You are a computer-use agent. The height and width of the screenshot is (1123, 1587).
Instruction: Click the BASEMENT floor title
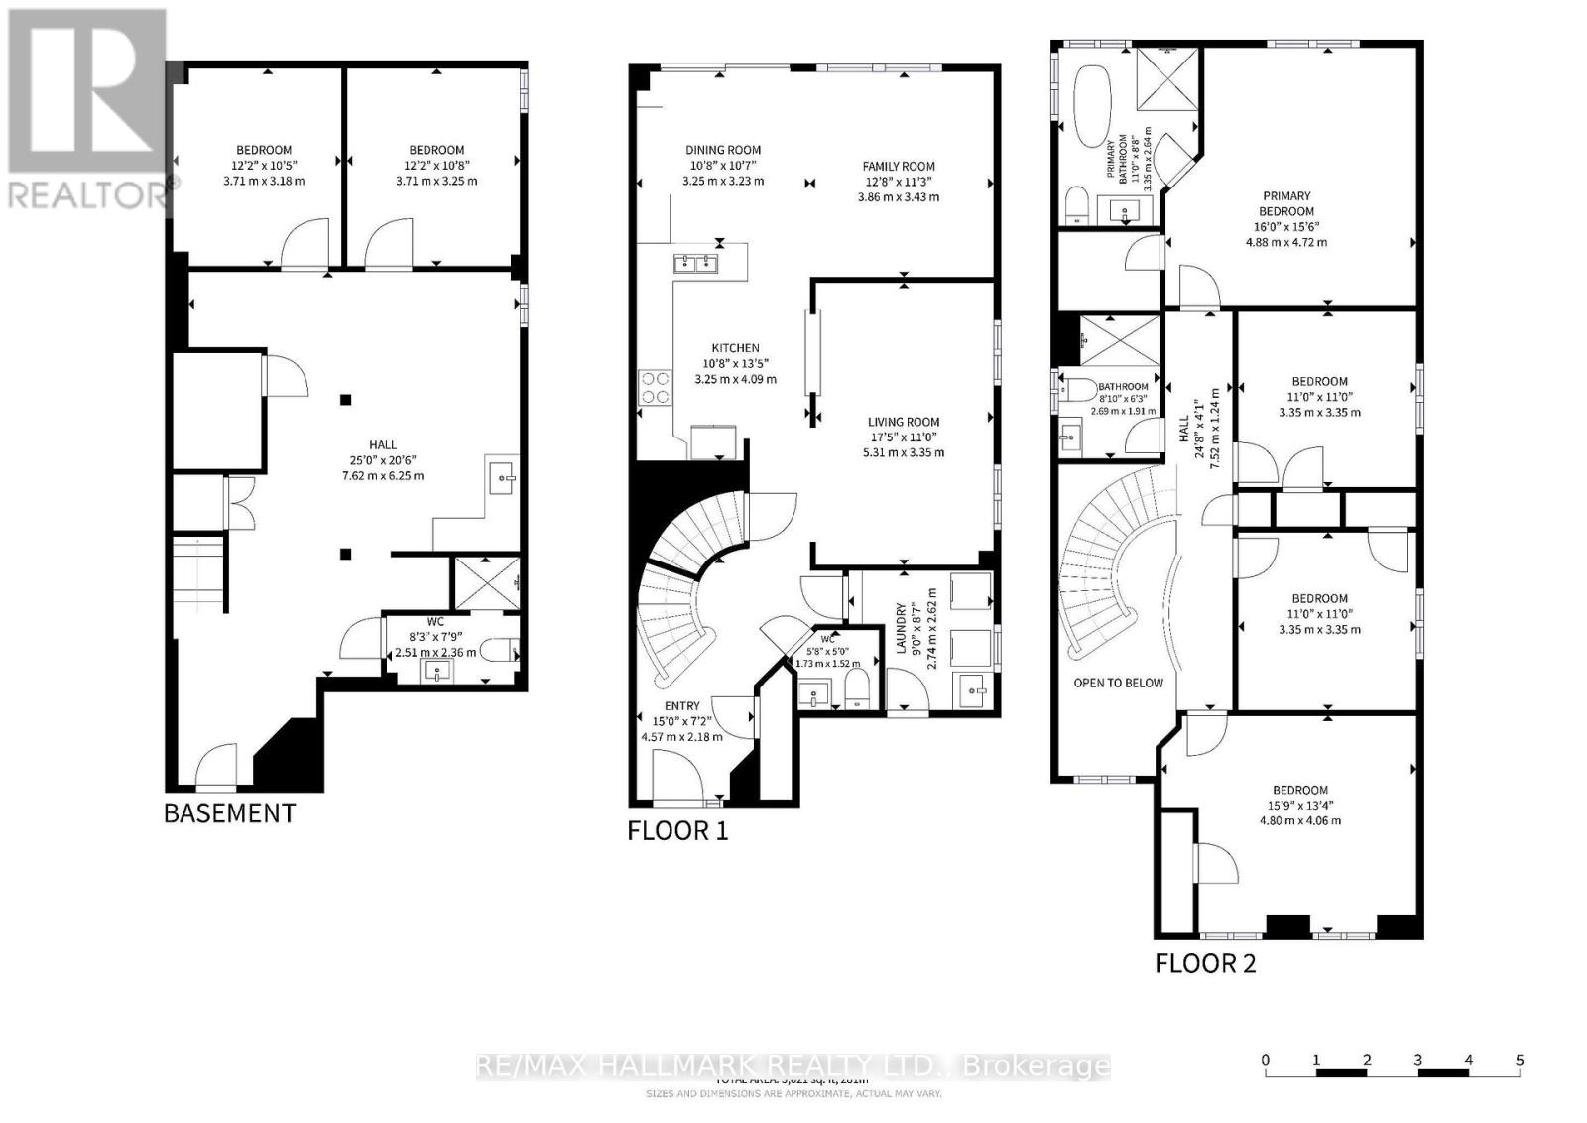(229, 813)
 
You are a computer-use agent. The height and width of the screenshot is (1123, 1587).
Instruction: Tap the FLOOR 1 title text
(677, 830)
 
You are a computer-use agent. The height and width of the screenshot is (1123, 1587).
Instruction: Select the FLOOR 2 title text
(1205, 963)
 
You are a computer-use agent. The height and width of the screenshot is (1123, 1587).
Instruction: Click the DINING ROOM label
(723, 150)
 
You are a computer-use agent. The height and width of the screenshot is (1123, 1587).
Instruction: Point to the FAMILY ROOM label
(898, 167)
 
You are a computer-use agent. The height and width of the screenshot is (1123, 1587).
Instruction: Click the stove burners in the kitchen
(655, 387)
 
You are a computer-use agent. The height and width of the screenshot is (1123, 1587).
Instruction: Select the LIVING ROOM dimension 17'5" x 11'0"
(903, 437)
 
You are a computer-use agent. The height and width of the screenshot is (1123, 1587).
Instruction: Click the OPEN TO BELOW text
(1118, 683)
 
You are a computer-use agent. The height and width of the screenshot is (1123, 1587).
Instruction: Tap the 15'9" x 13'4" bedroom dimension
(1299, 806)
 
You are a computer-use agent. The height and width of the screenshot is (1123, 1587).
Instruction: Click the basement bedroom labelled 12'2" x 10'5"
(264, 165)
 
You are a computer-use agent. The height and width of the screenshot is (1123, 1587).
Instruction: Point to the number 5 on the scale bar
(1519, 1061)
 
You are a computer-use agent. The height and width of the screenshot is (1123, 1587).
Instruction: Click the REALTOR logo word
(89, 194)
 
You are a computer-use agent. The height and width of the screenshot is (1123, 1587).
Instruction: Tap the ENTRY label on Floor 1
(681, 706)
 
